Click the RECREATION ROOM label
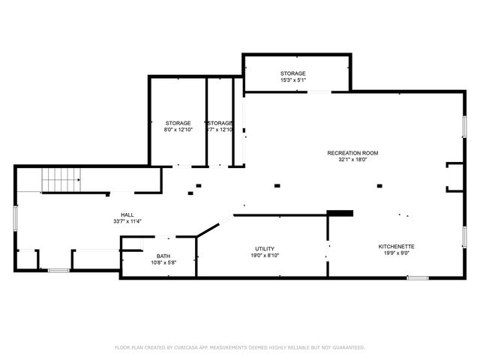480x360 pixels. (x=352, y=153)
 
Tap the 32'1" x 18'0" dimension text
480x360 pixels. (x=352, y=160)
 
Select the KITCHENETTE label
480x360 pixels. (x=397, y=246)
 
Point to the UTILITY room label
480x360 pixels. (x=265, y=249)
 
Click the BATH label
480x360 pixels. (x=163, y=256)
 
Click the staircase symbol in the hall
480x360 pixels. (x=60, y=180)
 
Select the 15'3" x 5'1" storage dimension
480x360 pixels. (x=293, y=80)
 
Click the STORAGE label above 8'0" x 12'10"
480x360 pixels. (x=178, y=123)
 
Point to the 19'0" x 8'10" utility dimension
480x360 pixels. (x=265, y=256)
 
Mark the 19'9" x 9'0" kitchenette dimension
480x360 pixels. (x=397, y=253)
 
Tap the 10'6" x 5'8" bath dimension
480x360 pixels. (x=163, y=263)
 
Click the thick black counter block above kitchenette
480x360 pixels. (x=340, y=213)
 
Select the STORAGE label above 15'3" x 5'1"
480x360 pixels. (x=293, y=73)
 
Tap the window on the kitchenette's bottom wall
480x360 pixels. (x=418, y=278)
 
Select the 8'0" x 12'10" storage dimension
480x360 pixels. (x=178, y=130)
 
